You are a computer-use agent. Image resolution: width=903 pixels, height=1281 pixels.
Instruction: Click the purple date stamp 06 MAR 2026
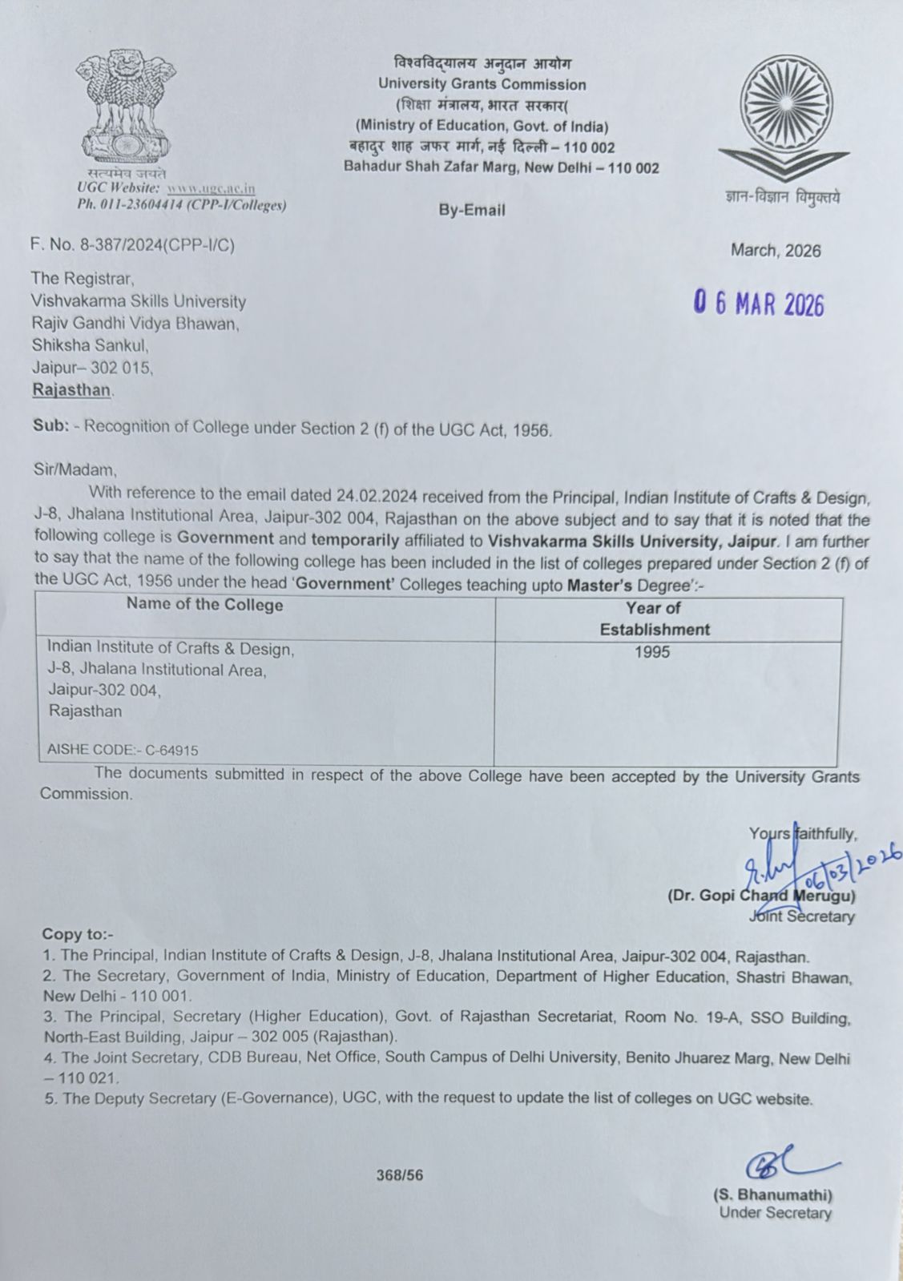(759, 304)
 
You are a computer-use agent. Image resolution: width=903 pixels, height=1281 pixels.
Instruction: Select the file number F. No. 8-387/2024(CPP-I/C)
(133, 246)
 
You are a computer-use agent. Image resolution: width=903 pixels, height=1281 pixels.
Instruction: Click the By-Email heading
(472, 210)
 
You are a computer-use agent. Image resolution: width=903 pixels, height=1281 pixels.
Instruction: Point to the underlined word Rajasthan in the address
(71, 390)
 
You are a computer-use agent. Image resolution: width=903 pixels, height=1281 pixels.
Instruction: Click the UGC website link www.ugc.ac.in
(211, 188)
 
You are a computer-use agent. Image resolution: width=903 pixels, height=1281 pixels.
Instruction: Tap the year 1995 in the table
(651, 652)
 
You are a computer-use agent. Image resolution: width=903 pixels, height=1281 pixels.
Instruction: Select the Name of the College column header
(204, 605)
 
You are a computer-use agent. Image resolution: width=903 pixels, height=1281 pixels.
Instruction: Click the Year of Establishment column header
(655, 618)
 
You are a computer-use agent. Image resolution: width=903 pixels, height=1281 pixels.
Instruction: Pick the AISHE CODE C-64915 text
(123, 750)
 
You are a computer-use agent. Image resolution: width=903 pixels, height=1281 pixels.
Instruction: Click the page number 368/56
(400, 1175)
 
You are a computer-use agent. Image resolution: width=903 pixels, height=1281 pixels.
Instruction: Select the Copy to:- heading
(78, 934)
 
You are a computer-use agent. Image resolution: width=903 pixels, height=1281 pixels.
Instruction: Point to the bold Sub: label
(50, 426)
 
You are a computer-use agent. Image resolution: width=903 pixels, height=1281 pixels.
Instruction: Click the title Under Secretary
(775, 1213)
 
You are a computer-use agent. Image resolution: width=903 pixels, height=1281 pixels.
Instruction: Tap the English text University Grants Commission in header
(482, 84)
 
